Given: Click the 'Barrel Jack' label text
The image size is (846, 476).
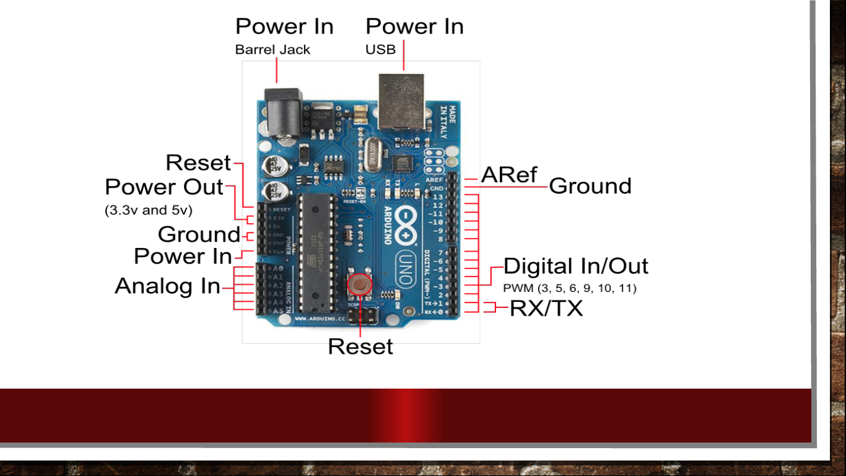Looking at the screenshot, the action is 273,50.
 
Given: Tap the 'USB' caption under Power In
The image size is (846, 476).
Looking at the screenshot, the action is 380,50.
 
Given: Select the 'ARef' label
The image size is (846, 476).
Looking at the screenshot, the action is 509,175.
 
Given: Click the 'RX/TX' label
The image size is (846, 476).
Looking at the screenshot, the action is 546,308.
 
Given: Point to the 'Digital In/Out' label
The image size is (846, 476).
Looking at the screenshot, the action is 575,266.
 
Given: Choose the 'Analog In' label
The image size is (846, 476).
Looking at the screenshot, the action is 167,286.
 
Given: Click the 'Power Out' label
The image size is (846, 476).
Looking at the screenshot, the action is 164,187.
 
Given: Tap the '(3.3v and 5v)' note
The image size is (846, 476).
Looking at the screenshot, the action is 149,210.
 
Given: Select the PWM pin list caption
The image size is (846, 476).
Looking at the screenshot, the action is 570,288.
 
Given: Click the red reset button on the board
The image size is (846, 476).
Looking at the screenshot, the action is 359,284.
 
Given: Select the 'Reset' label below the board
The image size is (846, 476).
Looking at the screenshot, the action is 360,346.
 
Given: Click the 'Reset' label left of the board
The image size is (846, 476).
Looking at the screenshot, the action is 198,163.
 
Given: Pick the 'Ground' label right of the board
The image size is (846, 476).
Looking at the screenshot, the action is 590,186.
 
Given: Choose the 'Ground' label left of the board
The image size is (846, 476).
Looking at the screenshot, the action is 199,235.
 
